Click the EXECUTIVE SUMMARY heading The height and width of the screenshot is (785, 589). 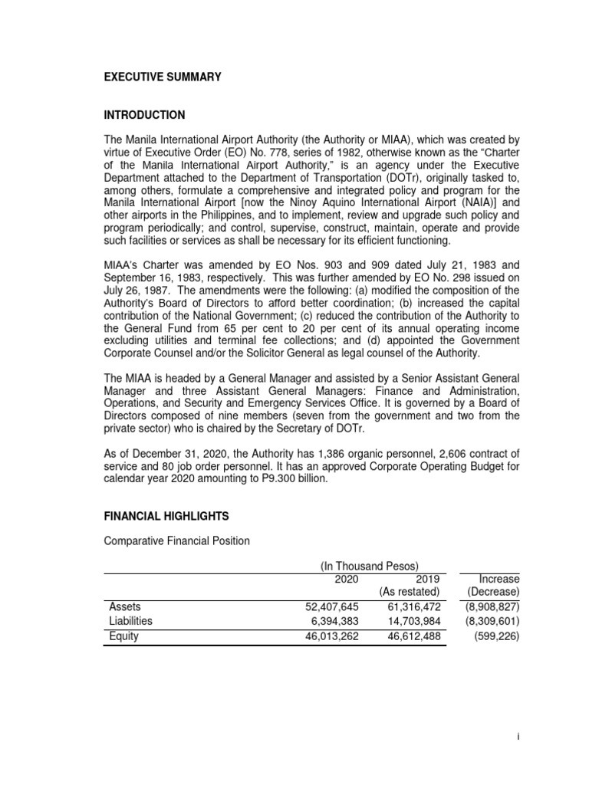click(x=162, y=77)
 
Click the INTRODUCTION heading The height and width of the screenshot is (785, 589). click(x=144, y=115)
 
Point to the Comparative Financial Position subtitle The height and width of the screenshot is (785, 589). click(x=176, y=541)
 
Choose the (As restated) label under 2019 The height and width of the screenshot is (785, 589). click(x=409, y=592)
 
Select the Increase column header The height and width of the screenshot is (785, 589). click(x=498, y=579)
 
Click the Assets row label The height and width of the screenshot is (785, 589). click(x=124, y=606)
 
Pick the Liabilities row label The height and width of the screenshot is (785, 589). click(x=130, y=621)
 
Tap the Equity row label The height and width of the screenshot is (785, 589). click(x=123, y=636)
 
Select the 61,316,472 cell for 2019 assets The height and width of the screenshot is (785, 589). click(x=415, y=606)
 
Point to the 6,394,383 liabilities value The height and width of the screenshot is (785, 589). click(x=335, y=621)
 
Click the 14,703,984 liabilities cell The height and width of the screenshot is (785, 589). click(x=415, y=621)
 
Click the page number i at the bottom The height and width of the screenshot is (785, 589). click(x=518, y=736)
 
